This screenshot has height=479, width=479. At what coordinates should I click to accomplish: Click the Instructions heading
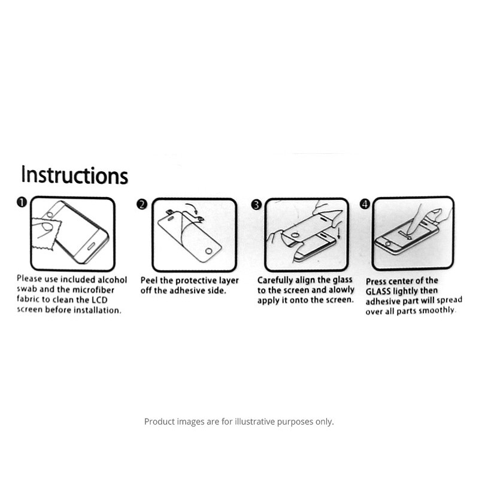tap(74, 175)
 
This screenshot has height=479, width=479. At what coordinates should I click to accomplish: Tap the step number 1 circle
tap(22, 202)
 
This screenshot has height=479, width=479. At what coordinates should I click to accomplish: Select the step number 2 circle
tap(142, 204)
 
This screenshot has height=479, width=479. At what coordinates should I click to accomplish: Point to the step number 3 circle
tap(256, 205)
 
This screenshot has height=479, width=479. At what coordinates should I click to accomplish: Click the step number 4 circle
tap(365, 204)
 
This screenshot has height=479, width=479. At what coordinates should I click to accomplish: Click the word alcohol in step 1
tap(112, 280)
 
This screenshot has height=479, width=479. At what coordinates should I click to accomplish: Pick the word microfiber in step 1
tap(93, 290)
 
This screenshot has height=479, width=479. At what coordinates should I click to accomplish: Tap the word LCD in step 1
tap(100, 300)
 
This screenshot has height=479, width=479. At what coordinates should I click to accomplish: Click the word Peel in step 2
tap(149, 280)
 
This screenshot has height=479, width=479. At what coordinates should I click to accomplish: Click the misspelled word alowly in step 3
tap(341, 290)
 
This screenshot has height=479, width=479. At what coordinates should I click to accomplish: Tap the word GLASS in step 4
tap(378, 292)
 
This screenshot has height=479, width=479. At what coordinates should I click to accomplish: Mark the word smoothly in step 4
tap(437, 311)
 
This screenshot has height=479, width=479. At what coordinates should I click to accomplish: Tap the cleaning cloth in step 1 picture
tap(46, 234)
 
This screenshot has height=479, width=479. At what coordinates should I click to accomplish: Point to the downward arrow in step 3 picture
tap(339, 232)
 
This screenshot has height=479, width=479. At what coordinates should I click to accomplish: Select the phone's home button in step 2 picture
tap(208, 251)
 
